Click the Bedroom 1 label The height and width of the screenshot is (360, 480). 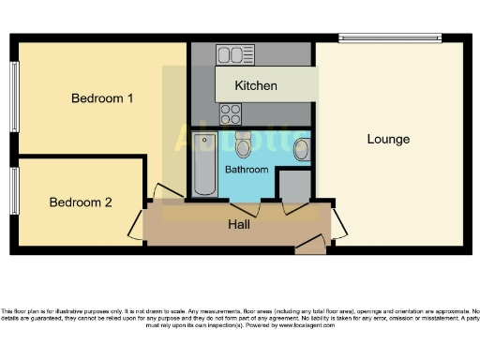pyautogui.click(x=102, y=97)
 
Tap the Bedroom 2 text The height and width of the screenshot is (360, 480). pyautogui.click(x=81, y=202)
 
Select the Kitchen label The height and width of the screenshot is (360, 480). pyautogui.click(x=256, y=85)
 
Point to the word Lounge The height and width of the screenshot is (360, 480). pyautogui.click(x=388, y=139)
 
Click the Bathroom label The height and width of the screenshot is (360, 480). pyautogui.click(x=247, y=170)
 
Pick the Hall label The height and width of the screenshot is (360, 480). pyautogui.click(x=239, y=225)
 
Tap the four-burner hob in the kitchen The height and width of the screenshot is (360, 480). pyautogui.click(x=230, y=113)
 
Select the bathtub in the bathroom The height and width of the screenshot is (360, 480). pyautogui.click(x=204, y=164)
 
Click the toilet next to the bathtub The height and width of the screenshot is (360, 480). pyautogui.click(x=243, y=145)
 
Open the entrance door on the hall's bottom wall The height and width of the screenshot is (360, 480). pyautogui.click(x=309, y=246)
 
